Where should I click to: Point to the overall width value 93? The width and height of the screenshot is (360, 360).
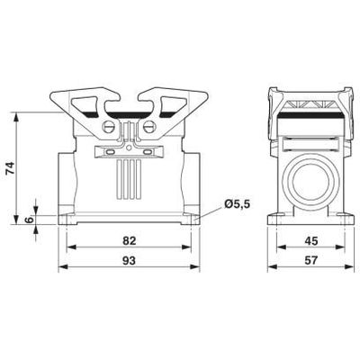pos(131,260)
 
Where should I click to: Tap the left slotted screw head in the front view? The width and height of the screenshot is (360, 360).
pos(111,127)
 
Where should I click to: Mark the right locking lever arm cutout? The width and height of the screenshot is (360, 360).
pos(171,101)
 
